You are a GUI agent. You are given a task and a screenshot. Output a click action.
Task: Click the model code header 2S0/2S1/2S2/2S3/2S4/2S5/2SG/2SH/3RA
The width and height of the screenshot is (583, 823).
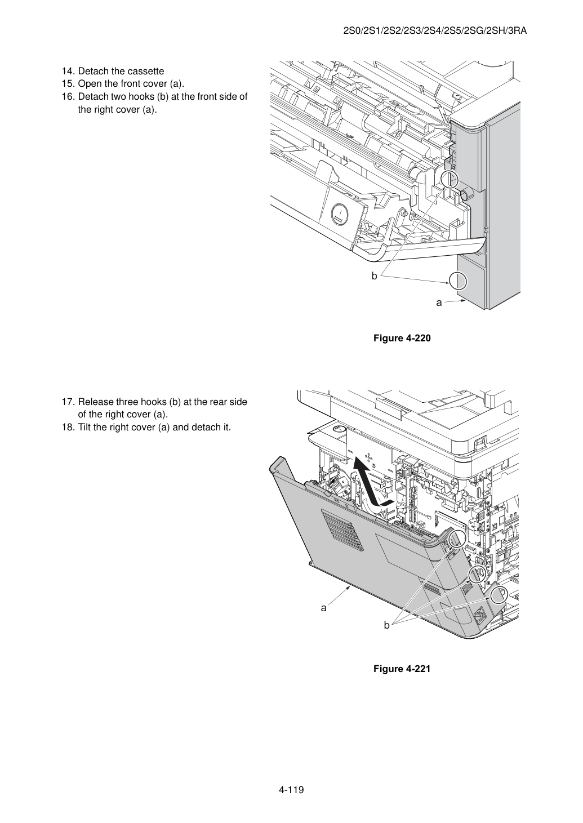[x=435, y=31]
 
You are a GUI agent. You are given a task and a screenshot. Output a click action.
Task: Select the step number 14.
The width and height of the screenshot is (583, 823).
[x=68, y=72]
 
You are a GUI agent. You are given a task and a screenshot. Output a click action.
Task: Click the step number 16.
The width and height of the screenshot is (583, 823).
[x=68, y=97]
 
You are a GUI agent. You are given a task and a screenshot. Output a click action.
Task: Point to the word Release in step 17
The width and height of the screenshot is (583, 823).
[x=96, y=402]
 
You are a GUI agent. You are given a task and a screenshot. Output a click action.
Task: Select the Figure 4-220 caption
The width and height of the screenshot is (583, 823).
[x=402, y=338]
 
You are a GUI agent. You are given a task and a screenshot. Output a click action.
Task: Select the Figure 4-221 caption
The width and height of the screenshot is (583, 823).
[x=402, y=669]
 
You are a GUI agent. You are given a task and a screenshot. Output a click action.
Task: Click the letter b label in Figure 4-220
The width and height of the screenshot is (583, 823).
[x=374, y=275]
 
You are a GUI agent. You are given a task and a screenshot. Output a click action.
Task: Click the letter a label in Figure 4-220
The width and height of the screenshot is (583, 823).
[x=439, y=302]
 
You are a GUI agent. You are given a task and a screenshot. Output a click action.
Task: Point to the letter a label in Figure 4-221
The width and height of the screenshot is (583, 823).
[x=323, y=608]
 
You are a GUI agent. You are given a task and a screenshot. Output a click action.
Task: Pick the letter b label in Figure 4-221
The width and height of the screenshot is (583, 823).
[x=386, y=625]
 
